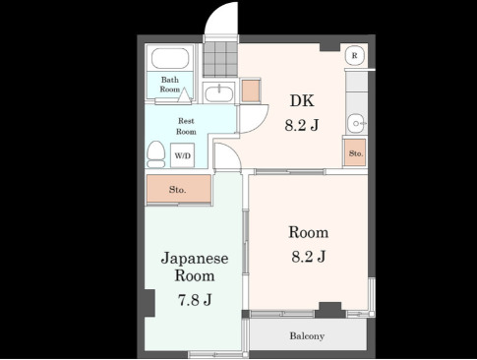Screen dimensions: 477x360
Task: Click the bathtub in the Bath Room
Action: tap(170, 58)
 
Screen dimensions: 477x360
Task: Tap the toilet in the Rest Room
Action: tap(156, 154)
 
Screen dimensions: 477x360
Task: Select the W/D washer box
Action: tap(183, 155)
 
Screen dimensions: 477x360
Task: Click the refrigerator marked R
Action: tap(355, 55)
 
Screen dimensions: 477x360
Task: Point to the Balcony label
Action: tap(307, 336)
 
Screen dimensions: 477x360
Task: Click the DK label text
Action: tap(302, 100)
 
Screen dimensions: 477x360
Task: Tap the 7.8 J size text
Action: tap(195, 300)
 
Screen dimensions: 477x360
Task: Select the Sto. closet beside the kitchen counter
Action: tap(355, 152)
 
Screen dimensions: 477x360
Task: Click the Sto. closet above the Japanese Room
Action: tap(179, 189)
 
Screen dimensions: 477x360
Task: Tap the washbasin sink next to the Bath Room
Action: tap(219, 93)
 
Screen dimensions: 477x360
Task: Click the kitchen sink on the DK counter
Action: tap(355, 123)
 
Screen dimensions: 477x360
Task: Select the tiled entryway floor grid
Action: tap(220, 59)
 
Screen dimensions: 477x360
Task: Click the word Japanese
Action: tap(195, 259)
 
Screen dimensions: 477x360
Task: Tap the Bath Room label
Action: tap(170, 85)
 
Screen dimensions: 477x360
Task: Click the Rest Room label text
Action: tap(186, 126)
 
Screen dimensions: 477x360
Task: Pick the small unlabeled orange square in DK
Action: tap(251, 90)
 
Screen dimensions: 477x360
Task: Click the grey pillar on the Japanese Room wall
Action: tap(149, 303)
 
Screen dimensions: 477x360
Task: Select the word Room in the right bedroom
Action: tap(309, 232)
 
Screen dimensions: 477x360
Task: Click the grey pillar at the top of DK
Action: tap(329, 47)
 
